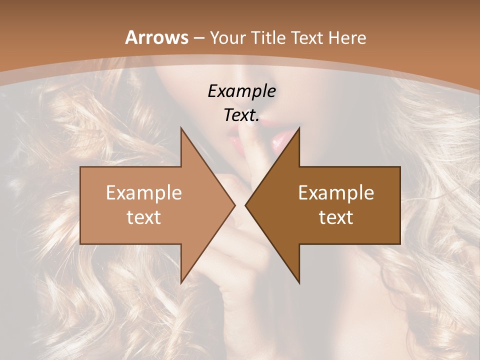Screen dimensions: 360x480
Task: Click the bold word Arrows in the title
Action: coord(156,37)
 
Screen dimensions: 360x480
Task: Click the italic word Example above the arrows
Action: coord(241,91)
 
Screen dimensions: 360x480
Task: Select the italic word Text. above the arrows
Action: coord(241,115)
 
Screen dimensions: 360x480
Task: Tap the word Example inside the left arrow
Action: coord(144,193)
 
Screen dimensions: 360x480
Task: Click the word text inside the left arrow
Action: coord(144,217)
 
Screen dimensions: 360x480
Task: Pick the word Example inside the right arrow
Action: coord(336,193)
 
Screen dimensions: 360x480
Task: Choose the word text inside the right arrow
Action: coord(336,217)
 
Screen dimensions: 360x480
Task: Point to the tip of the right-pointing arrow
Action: coord(235,205)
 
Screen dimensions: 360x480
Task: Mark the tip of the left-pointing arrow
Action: coord(245,205)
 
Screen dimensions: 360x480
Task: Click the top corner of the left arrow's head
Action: coord(181,128)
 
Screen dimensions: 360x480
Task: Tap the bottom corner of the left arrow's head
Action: coord(181,283)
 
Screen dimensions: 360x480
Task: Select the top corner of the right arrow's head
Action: coord(299,128)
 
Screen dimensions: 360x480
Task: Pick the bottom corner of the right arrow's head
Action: coord(299,283)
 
